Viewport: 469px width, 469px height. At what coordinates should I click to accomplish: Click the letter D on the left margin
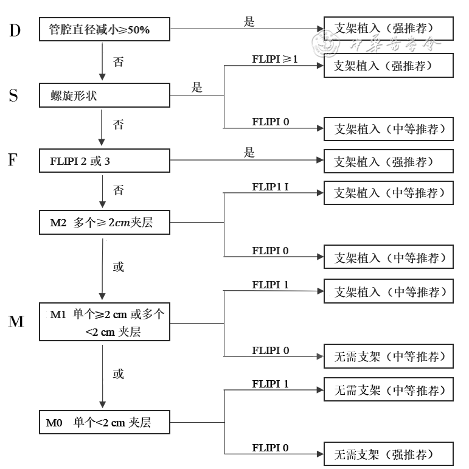15,30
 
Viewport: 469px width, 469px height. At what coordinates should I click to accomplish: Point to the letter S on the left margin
13,96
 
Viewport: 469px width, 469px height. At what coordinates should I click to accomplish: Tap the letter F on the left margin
13,160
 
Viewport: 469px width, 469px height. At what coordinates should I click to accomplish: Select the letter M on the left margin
16,321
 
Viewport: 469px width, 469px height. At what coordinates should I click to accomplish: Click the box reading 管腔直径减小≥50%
104,29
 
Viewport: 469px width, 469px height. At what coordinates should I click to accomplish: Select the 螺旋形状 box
104,96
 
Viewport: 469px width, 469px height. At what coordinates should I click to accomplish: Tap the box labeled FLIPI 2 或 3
104,161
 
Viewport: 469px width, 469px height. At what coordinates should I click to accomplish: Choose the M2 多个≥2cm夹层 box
104,224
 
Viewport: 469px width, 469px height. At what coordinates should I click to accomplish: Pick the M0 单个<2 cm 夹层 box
104,422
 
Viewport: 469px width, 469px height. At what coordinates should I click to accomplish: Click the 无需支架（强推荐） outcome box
388,454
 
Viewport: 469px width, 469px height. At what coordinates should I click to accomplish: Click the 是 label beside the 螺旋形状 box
196,88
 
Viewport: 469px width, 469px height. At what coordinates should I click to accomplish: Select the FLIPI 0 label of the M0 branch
271,448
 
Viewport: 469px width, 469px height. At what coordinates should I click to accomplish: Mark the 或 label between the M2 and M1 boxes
119,267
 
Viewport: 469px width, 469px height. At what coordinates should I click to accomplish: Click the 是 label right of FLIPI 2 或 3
249,153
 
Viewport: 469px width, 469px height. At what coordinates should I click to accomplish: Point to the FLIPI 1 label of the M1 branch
271,284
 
